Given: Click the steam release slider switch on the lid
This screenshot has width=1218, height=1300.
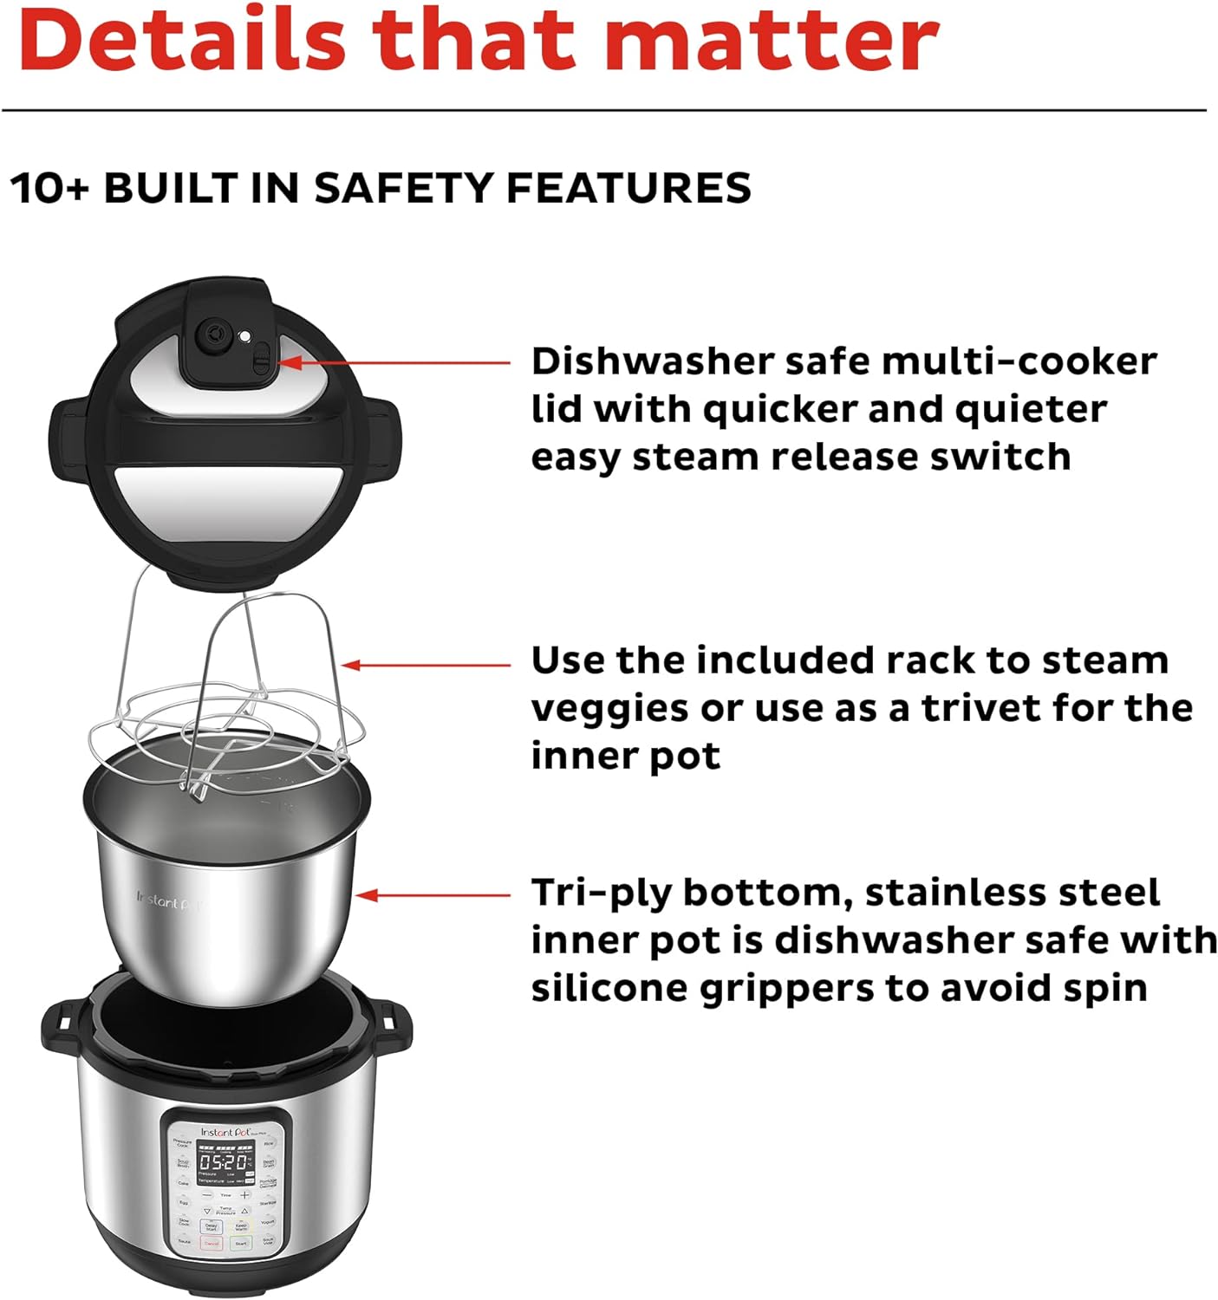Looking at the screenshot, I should [x=261, y=358].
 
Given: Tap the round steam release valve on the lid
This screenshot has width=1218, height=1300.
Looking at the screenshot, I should [x=212, y=336].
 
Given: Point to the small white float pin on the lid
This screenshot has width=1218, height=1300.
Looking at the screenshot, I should [x=246, y=336].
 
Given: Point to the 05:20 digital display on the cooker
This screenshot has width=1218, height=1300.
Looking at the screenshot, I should [x=223, y=1162].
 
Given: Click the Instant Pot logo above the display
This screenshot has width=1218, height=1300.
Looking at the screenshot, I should [x=224, y=1132].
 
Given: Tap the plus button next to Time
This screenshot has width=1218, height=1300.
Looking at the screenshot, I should [x=244, y=1195].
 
